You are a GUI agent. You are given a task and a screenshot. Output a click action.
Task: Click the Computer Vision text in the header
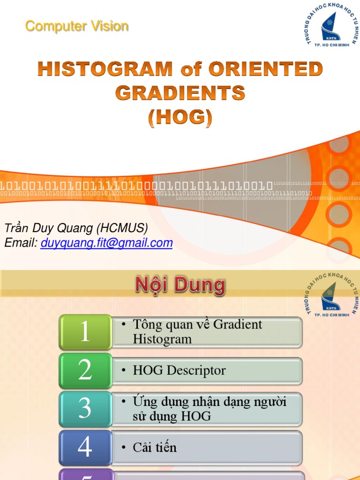click(x=77, y=26)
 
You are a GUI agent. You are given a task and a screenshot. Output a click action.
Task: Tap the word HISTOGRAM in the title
click(x=105, y=69)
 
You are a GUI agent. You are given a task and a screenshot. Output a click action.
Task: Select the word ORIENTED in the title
click(x=266, y=69)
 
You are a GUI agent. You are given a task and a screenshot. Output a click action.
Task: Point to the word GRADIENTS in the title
click(x=180, y=93)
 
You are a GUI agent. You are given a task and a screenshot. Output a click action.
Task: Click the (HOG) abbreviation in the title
click(x=180, y=117)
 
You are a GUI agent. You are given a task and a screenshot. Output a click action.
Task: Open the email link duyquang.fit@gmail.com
click(x=106, y=243)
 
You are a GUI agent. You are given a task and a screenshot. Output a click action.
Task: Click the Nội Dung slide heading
click(x=180, y=285)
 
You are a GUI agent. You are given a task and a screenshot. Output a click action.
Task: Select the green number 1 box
click(x=85, y=332)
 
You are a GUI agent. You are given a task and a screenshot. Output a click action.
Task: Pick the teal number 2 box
click(x=85, y=370)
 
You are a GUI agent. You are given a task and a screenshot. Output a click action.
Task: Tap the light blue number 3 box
click(x=85, y=409)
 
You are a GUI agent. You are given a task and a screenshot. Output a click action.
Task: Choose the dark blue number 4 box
click(x=85, y=447)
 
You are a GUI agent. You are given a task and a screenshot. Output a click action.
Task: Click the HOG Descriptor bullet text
click(x=179, y=370)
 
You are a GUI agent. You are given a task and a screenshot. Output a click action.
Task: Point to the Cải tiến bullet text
click(x=155, y=447)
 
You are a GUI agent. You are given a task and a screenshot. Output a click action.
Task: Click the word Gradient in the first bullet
click(x=237, y=324)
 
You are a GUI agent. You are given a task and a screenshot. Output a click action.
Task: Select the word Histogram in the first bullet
click(x=162, y=339)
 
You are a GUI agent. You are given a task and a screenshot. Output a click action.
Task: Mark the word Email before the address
click(x=20, y=243)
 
